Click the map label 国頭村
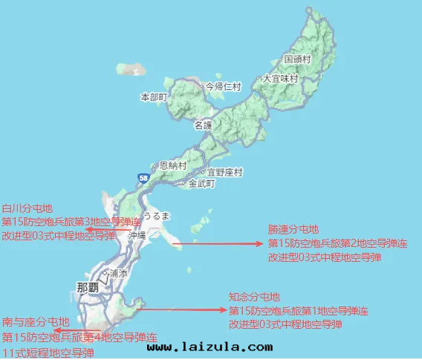tap(299, 59)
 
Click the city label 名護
tap(203, 126)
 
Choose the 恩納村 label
tap(167, 166)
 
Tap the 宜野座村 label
tap(225, 172)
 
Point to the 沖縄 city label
tap(137, 234)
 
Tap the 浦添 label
tap(117, 274)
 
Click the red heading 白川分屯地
tap(28, 209)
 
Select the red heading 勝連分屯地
tap(293, 229)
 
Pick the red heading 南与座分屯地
tap(36, 322)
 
